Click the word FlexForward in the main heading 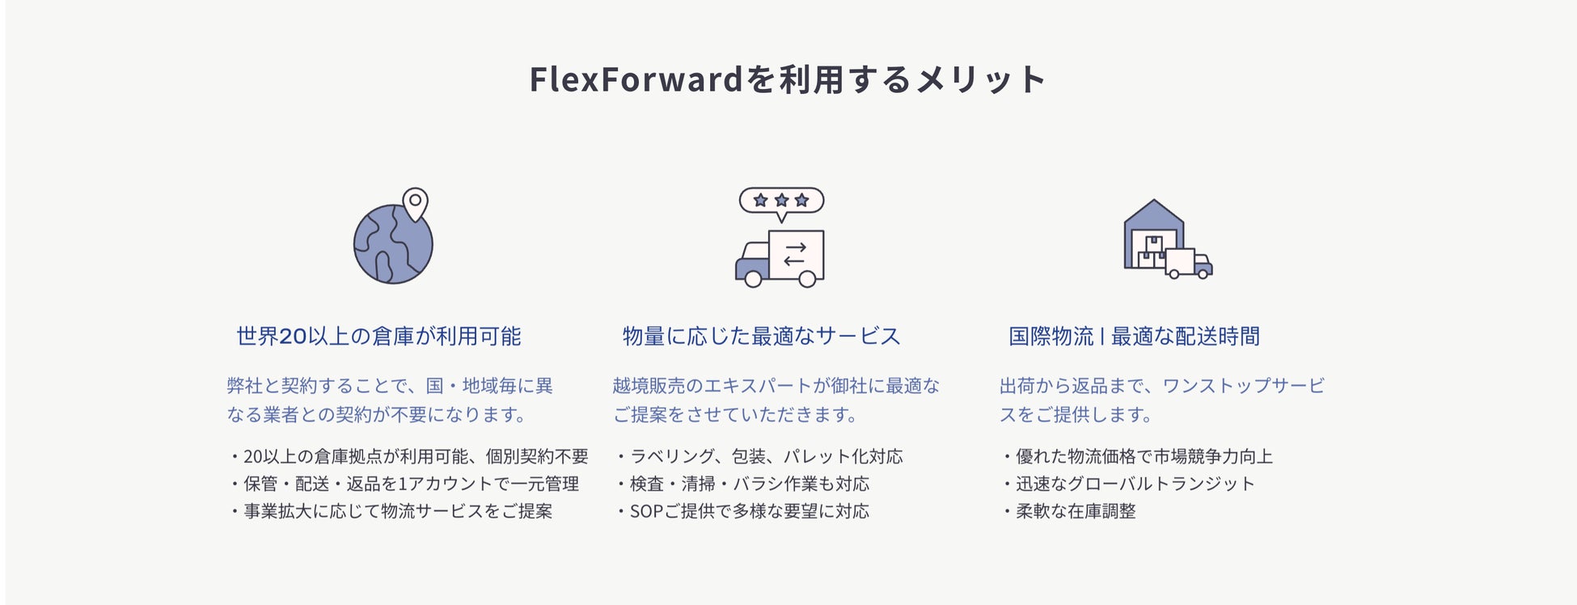coord(636,79)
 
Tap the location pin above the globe coord(415,203)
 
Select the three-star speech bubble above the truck coord(781,201)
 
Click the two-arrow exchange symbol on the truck coord(795,255)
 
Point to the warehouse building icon coord(1153,231)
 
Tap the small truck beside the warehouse coord(1189,264)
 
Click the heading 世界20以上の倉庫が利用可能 coord(378,336)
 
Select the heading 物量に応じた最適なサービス coord(761,336)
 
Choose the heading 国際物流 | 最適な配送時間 coord(1134,336)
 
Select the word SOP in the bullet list coord(646,511)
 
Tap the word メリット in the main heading coord(982,79)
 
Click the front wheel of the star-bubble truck coord(753,279)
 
